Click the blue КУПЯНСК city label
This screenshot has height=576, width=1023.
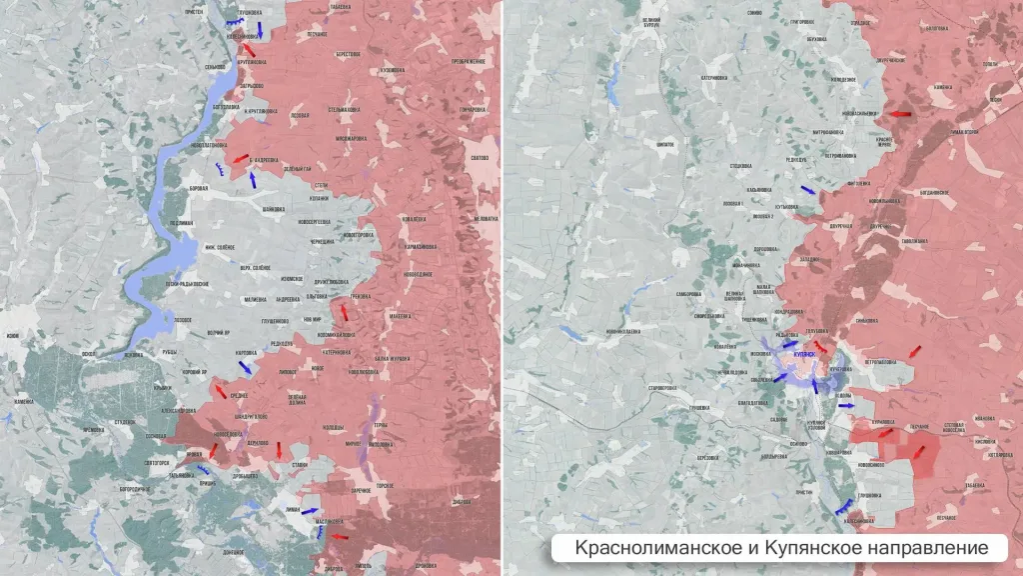804,354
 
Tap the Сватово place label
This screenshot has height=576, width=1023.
479,158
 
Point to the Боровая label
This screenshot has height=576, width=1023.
198,188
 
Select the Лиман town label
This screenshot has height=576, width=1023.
293,509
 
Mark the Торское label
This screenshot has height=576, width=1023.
386,485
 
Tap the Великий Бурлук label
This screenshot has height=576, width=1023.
651,21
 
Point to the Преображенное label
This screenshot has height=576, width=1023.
468,61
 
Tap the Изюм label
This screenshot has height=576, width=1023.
11,336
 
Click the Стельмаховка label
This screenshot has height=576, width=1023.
344,108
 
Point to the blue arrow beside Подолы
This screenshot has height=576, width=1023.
845,406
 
